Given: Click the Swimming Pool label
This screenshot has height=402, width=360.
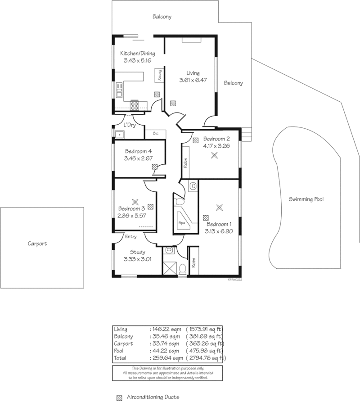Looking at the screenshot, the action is click(x=306, y=199).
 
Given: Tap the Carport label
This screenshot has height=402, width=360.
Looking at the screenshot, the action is click(x=37, y=244).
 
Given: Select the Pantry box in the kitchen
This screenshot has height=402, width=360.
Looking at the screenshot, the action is click(x=159, y=75).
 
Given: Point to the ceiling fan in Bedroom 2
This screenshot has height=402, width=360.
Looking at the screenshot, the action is click(x=214, y=155).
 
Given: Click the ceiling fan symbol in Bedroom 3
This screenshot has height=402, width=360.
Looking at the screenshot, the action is click(x=135, y=202).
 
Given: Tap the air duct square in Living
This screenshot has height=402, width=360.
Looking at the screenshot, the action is click(x=173, y=104).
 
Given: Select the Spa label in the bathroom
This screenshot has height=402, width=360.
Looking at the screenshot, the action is click(x=182, y=223).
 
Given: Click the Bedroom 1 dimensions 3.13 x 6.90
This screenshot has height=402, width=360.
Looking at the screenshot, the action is click(x=219, y=231).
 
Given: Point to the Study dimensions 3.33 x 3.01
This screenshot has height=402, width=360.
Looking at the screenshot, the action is click(x=138, y=259).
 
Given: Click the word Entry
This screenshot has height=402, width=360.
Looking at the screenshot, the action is click(x=130, y=237).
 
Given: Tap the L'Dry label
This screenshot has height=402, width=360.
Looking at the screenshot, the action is click(x=130, y=125).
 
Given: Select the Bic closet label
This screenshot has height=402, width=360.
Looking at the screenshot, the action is click(x=156, y=133).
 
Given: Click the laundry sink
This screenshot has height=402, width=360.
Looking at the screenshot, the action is click(x=119, y=135).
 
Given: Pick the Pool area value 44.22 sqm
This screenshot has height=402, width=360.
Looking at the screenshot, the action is click(x=166, y=351).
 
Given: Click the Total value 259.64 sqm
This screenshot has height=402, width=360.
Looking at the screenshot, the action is click(x=168, y=358).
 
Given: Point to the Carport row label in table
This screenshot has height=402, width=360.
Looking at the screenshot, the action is click(x=123, y=344).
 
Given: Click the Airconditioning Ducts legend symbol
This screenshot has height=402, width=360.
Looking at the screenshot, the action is click(x=119, y=397).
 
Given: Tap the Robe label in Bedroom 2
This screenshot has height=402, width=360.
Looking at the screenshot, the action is click(x=185, y=163).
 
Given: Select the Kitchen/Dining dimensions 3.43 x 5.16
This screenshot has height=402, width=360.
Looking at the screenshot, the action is click(x=138, y=60).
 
